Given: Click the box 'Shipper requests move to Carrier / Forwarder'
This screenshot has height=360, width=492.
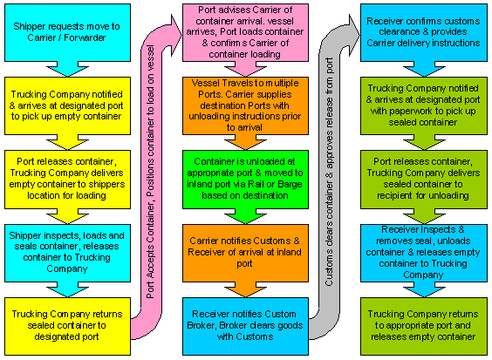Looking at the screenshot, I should [x=67, y=32].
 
